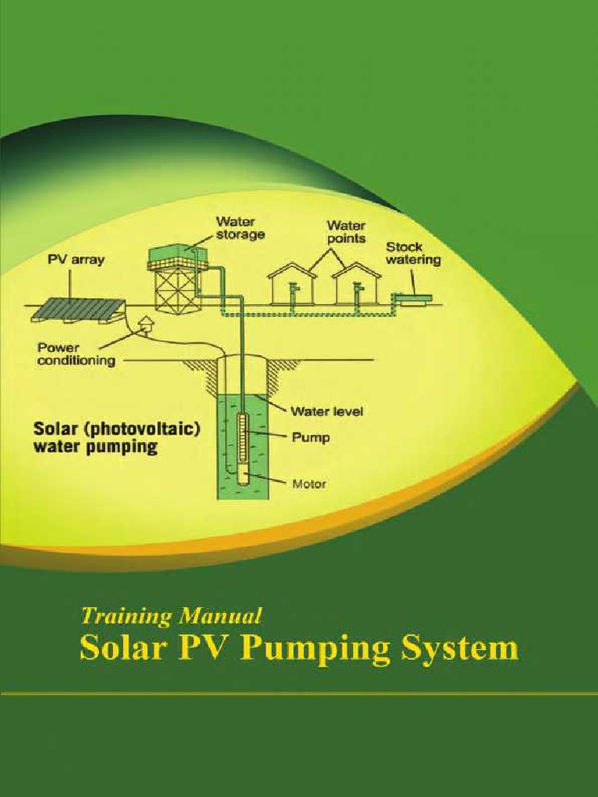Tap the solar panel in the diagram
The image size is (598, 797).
pyautogui.click(x=78, y=310)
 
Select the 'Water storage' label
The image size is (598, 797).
pyautogui.click(x=240, y=227)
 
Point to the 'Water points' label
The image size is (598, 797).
pyautogui.click(x=346, y=231)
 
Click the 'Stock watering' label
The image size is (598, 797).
pyautogui.click(x=413, y=253)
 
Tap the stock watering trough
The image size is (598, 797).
pyautogui.click(x=413, y=297)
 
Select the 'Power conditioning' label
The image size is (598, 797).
pyautogui.click(x=76, y=354)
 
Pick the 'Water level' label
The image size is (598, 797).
pyautogui.click(x=327, y=410)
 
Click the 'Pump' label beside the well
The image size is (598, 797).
pyautogui.click(x=310, y=437)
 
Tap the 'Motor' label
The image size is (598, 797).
pyautogui.click(x=309, y=483)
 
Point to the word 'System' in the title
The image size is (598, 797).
pyautogui.click(x=459, y=648)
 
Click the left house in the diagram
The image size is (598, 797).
pyautogui.click(x=292, y=285)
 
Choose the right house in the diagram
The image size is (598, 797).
pyautogui.click(x=356, y=285)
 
